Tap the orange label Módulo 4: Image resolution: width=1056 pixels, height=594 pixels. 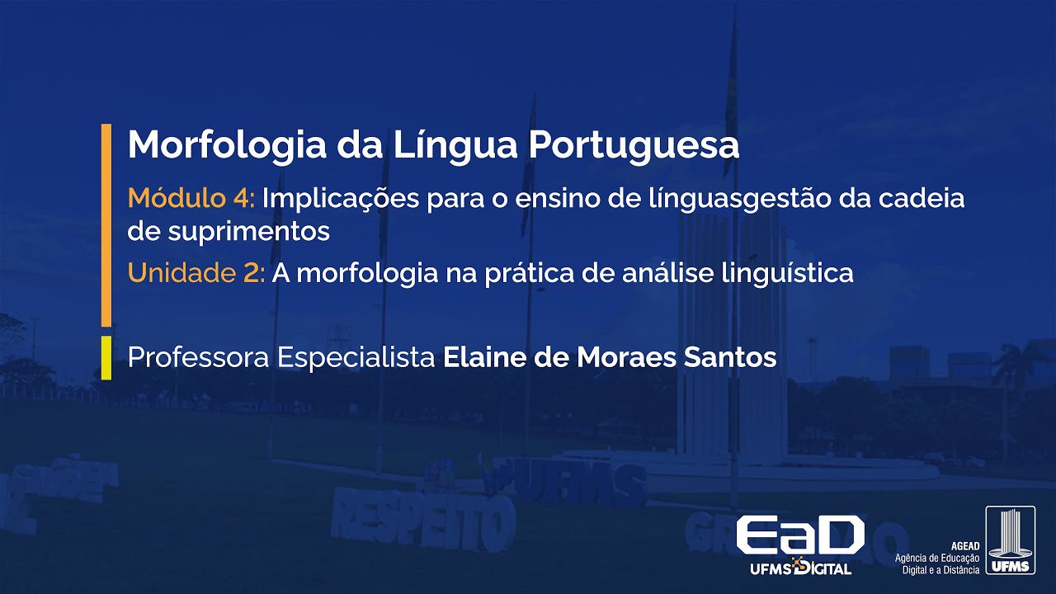pyautogui.click(x=194, y=199)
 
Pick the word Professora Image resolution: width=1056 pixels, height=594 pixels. pyautogui.click(x=199, y=358)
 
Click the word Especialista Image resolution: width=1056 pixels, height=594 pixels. pyautogui.click(x=356, y=358)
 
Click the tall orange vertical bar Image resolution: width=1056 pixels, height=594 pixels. pyautogui.click(x=106, y=224)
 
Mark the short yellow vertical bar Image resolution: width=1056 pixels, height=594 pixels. pyautogui.click(x=106, y=358)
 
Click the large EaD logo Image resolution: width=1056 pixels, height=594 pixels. pyautogui.click(x=799, y=535)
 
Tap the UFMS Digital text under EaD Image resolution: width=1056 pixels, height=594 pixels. pyautogui.click(x=799, y=568)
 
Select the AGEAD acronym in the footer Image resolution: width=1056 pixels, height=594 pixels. pyautogui.click(x=964, y=547)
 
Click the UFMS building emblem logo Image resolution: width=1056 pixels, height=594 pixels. pyautogui.click(x=1010, y=540)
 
